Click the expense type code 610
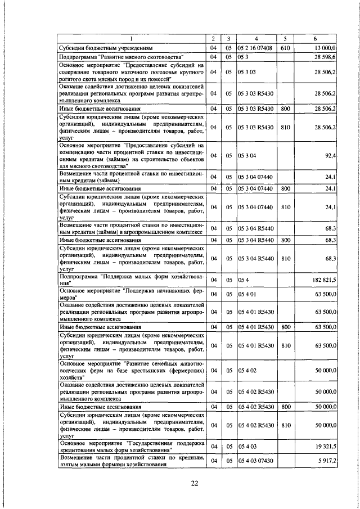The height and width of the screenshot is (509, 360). (285, 49)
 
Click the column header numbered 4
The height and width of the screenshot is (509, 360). (256, 39)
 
